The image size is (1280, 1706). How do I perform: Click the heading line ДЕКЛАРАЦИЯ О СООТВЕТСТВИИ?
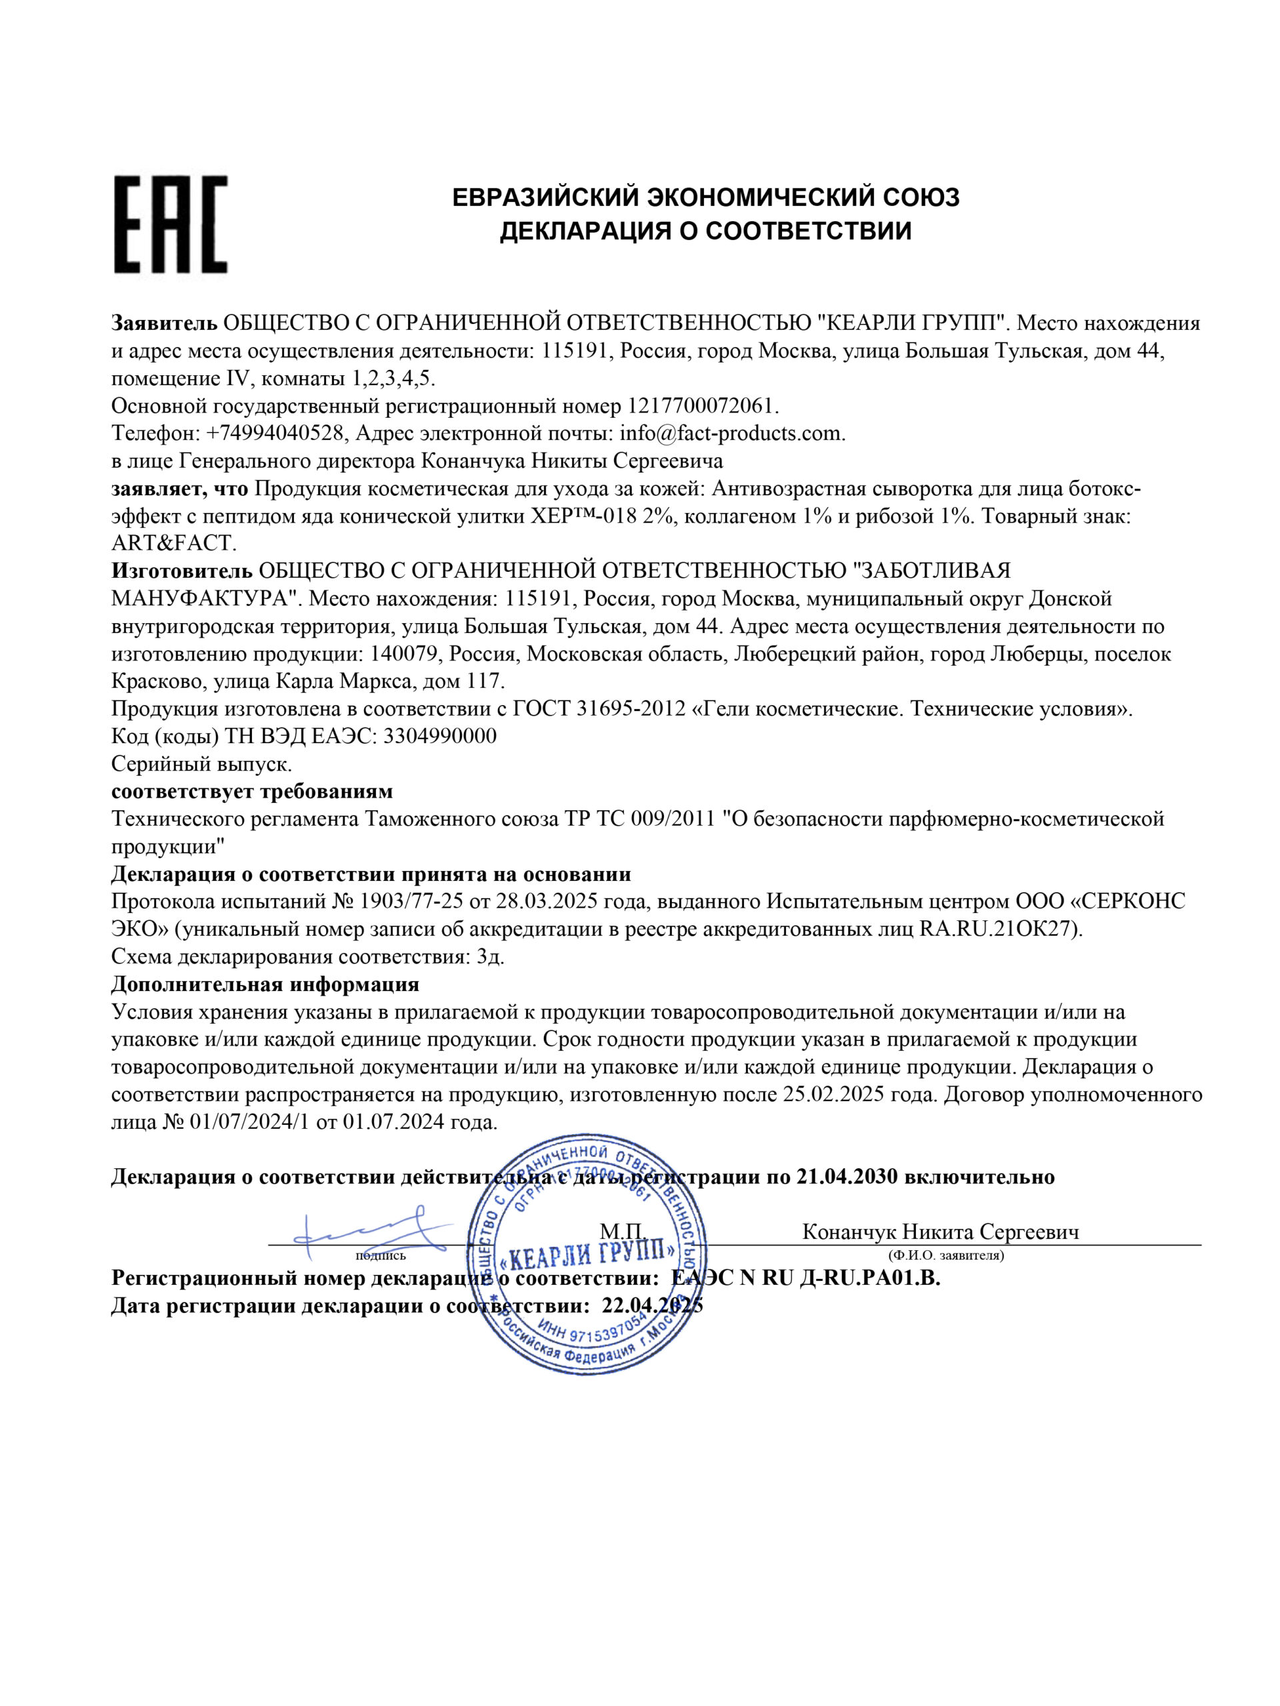705,231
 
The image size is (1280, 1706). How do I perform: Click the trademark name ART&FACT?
171,543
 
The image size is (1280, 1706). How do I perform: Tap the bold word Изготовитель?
181,570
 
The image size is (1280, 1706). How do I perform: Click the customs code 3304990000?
439,736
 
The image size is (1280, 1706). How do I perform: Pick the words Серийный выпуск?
202,764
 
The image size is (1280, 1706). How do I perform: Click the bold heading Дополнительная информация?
265,984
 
